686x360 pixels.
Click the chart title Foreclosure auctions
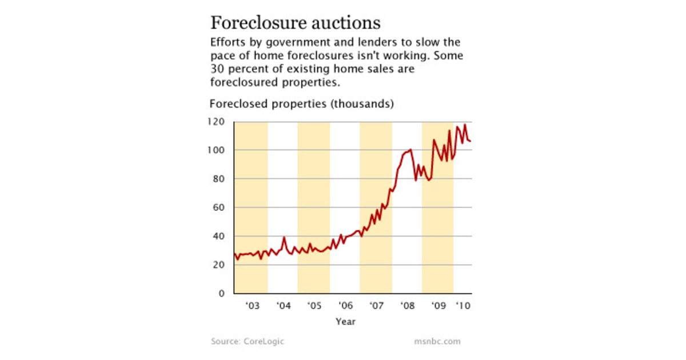295,23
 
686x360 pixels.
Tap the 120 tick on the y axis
219,122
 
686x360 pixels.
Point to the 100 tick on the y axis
219,150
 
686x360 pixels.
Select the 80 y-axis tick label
221,179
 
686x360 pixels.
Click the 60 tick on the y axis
221,207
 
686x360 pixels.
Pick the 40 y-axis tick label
221,236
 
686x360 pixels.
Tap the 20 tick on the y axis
221,265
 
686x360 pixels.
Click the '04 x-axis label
283,306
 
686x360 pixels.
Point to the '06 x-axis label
345,306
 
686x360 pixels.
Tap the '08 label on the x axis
407,306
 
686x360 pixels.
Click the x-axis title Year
345,321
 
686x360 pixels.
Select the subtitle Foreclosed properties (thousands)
301,105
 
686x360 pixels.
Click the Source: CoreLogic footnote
247,342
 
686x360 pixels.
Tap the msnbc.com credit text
437,342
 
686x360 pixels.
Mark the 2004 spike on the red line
284,238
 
